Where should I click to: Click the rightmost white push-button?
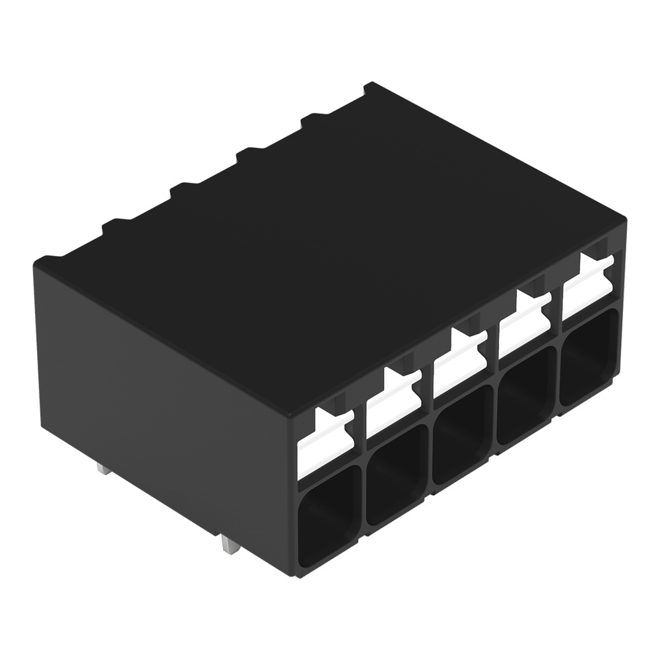(x=588, y=288)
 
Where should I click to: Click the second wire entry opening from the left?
(x=396, y=475)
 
